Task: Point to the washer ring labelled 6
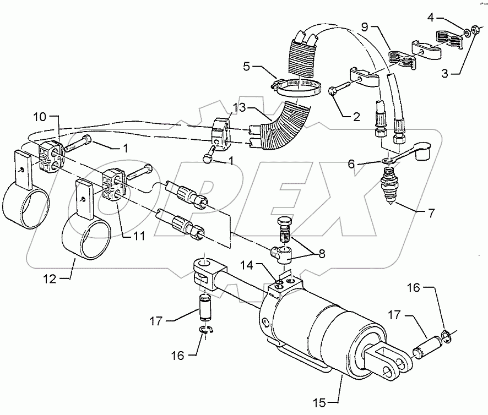coord(389,160)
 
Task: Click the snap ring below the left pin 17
coord(205,330)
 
